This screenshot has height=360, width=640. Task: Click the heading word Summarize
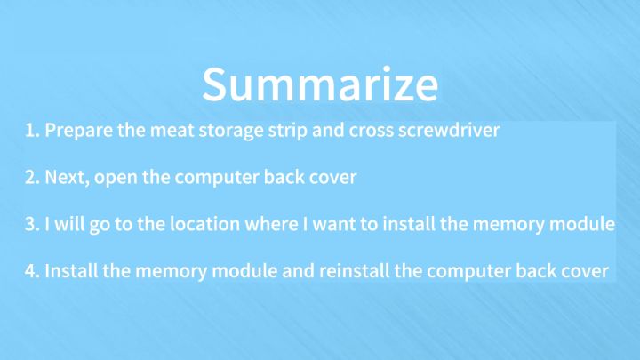point(319,84)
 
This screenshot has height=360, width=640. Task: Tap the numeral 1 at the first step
point(29,131)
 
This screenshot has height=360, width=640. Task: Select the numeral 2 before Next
point(30,177)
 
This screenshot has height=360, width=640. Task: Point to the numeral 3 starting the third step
point(30,223)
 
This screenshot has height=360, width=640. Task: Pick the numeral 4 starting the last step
point(30,270)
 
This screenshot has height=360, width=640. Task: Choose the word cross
point(372,131)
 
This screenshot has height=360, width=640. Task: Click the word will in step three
point(68,223)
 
